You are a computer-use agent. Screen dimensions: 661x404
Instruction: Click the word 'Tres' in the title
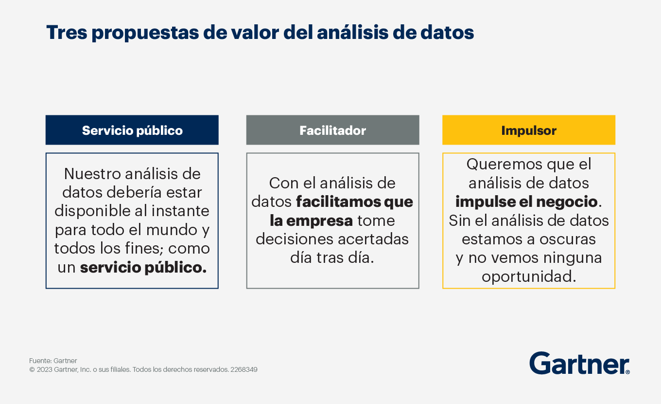pyautogui.click(x=67, y=32)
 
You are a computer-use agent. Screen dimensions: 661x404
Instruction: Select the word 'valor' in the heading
pyautogui.click(x=255, y=32)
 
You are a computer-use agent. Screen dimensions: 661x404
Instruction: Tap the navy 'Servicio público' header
pyautogui.click(x=132, y=130)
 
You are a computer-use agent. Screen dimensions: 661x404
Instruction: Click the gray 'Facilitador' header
pyautogui.click(x=333, y=130)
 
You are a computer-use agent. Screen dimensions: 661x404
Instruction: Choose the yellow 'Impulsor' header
pyautogui.click(x=529, y=130)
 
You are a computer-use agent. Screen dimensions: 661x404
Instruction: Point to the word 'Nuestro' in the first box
pyautogui.click(x=92, y=174)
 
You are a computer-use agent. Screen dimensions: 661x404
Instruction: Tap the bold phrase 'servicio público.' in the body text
pyautogui.click(x=143, y=268)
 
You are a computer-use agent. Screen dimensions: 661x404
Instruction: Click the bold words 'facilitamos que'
pyautogui.click(x=355, y=202)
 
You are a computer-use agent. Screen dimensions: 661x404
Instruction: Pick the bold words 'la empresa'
pyautogui.click(x=312, y=221)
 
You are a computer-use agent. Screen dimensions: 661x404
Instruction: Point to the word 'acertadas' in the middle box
pyautogui.click(x=373, y=239)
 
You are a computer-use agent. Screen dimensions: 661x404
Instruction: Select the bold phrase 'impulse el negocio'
pyautogui.click(x=526, y=202)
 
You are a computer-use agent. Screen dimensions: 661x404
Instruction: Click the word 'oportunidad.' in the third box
pyautogui.click(x=529, y=277)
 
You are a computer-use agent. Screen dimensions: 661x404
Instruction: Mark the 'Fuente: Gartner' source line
pyautogui.click(x=53, y=361)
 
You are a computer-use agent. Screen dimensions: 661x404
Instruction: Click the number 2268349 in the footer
pyautogui.click(x=244, y=369)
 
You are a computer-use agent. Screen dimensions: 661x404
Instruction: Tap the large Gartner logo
pyautogui.click(x=579, y=363)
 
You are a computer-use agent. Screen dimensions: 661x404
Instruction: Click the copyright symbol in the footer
pyautogui.click(x=32, y=370)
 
